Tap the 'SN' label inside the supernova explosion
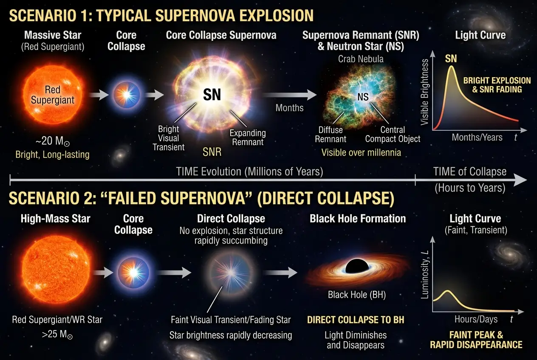(x=212, y=94)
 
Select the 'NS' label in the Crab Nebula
(x=363, y=96)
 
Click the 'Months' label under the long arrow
(x=289, y=107)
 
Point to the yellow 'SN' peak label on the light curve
(x=451, y=58)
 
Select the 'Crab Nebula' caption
(x=360, y=59)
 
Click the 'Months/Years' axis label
(x=477, y=137)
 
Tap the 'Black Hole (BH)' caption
(x=356, y=295)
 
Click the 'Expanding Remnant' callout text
(x=248, y=137)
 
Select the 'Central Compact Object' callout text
(x=392, y=134)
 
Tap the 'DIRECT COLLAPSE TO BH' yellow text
(x=356, y=319)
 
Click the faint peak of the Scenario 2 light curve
(x=447, y=291)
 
